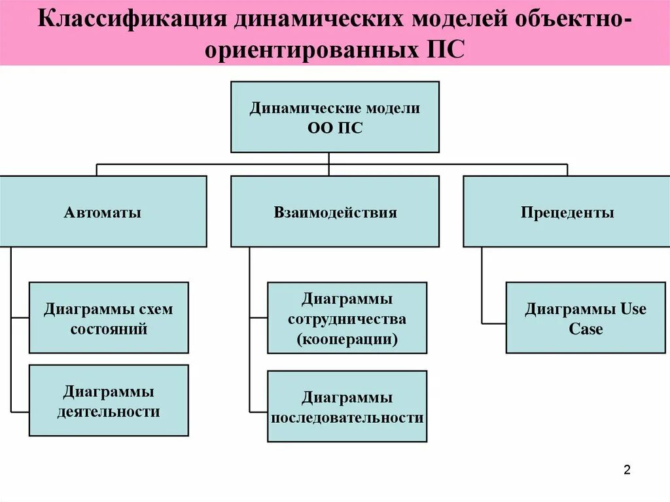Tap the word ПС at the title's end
click(446, 51)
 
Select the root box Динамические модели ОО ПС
click(334, 117)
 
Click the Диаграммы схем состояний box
click(109, 317)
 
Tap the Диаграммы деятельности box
click(109, 401)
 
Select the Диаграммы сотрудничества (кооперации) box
click(347, 318)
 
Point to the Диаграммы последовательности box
click(347, 406)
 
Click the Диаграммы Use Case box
click(586, 318)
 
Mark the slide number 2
click(626, 470)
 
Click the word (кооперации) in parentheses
click(347, 340)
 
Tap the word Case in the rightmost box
click(586, 329)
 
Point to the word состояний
click(109, 329)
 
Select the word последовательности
click(347, 418)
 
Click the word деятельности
click(109, 412)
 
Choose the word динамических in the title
click(317, 19)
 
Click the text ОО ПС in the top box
click(334, 128)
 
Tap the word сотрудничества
click(347, 319)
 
